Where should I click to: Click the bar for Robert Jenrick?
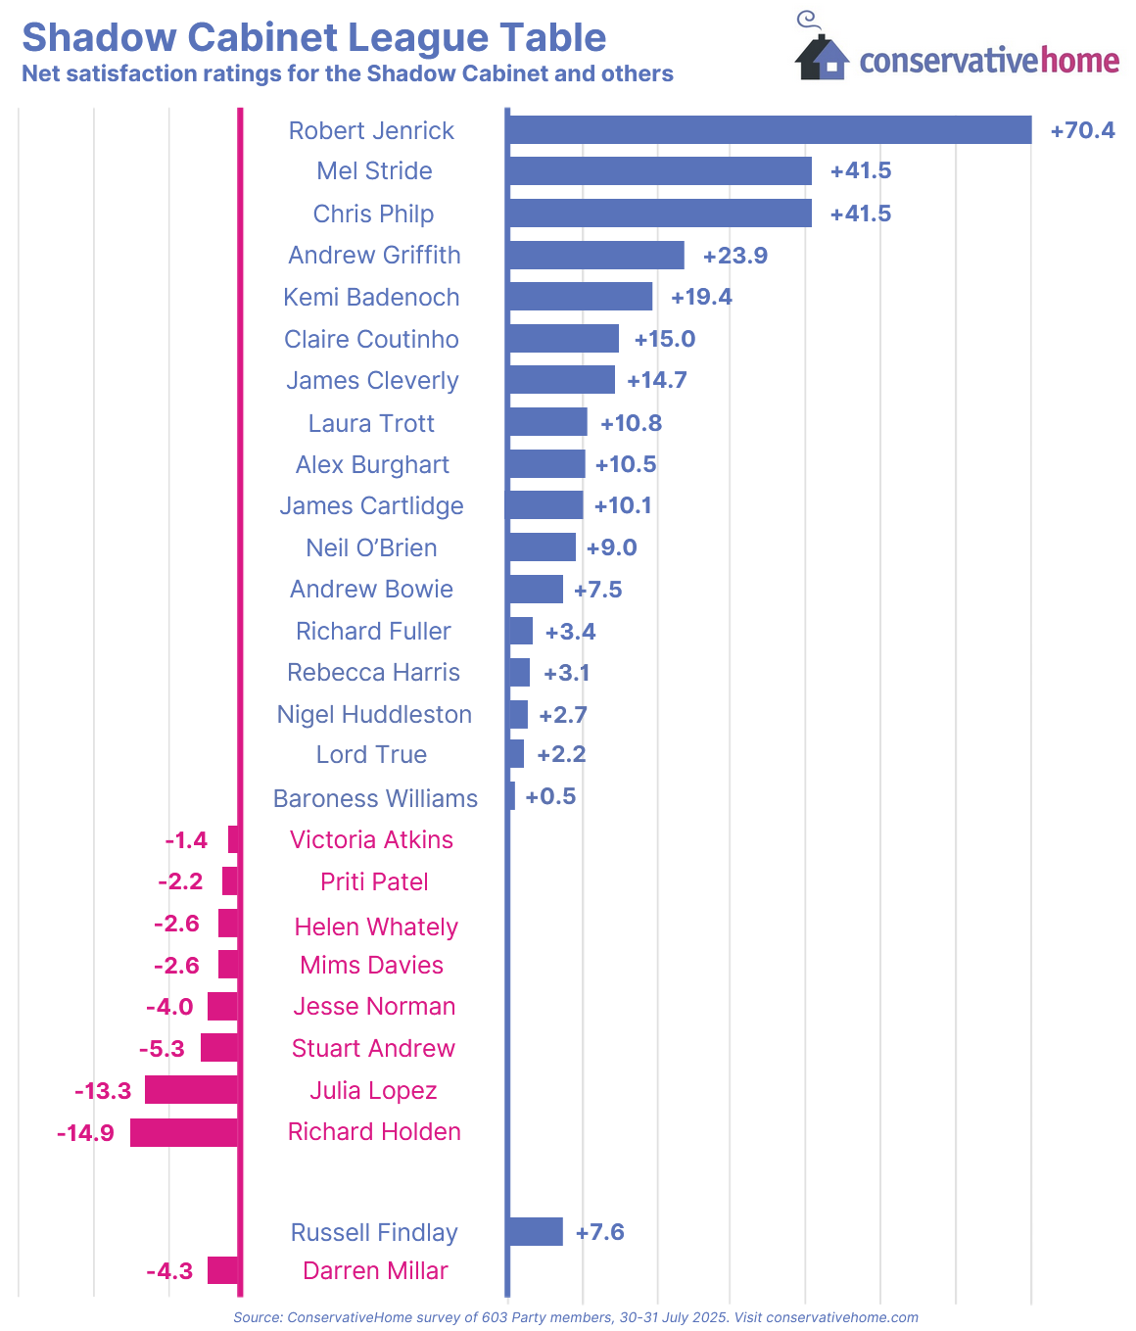click(769, 130)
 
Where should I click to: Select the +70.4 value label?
click(1082, 130)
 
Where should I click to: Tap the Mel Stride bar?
click(659, 171)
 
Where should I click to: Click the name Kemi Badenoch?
click(371, 297)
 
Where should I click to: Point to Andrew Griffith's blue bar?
click(595, 256)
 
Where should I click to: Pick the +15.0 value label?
click(665, 339)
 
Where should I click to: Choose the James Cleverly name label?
click(372, 381)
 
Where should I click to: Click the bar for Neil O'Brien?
click(542, 547)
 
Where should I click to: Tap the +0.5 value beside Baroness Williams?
click(550, 796)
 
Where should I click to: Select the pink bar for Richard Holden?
click(184, 1133)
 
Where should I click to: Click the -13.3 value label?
click(103, 1090)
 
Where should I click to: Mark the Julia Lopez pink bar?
click(191, 1090)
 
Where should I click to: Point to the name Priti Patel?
click(374, 881)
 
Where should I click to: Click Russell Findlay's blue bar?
click(535, 1232)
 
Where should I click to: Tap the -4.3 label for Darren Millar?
click(169, 1271)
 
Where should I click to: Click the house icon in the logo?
click(821, 57)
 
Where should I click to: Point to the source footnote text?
click(576, 1317)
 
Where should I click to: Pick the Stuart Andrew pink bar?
click(219, 1048)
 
